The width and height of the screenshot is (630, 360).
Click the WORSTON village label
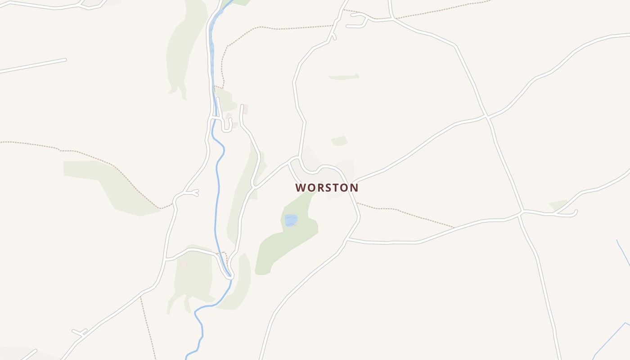327,188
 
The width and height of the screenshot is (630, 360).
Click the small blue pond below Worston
291,220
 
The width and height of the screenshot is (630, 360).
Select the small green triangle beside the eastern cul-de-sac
558,205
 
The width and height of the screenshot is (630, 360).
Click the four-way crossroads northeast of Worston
487,117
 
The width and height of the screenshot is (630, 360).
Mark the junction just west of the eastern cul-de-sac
522,211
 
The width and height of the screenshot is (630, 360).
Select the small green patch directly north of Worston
340,141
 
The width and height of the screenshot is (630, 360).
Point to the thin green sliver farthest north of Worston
344,77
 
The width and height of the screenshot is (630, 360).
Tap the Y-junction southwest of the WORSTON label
254,185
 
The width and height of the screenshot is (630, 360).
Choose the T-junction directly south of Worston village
347,240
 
